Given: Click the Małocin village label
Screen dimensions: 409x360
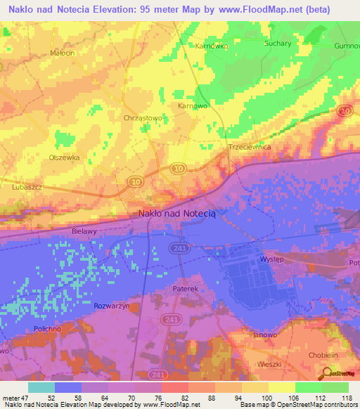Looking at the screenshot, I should pos(62,53).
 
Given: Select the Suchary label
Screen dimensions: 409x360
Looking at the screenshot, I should pos(278,43).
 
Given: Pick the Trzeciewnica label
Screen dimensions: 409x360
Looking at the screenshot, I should pos(250,148).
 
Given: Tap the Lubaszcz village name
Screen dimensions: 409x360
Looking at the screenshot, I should pos(28,188).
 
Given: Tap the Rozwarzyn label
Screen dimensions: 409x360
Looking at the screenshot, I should pos(111,306).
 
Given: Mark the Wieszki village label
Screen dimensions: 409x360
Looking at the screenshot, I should pos(269,365).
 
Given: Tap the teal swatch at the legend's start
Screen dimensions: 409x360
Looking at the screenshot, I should pos(41,387).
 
